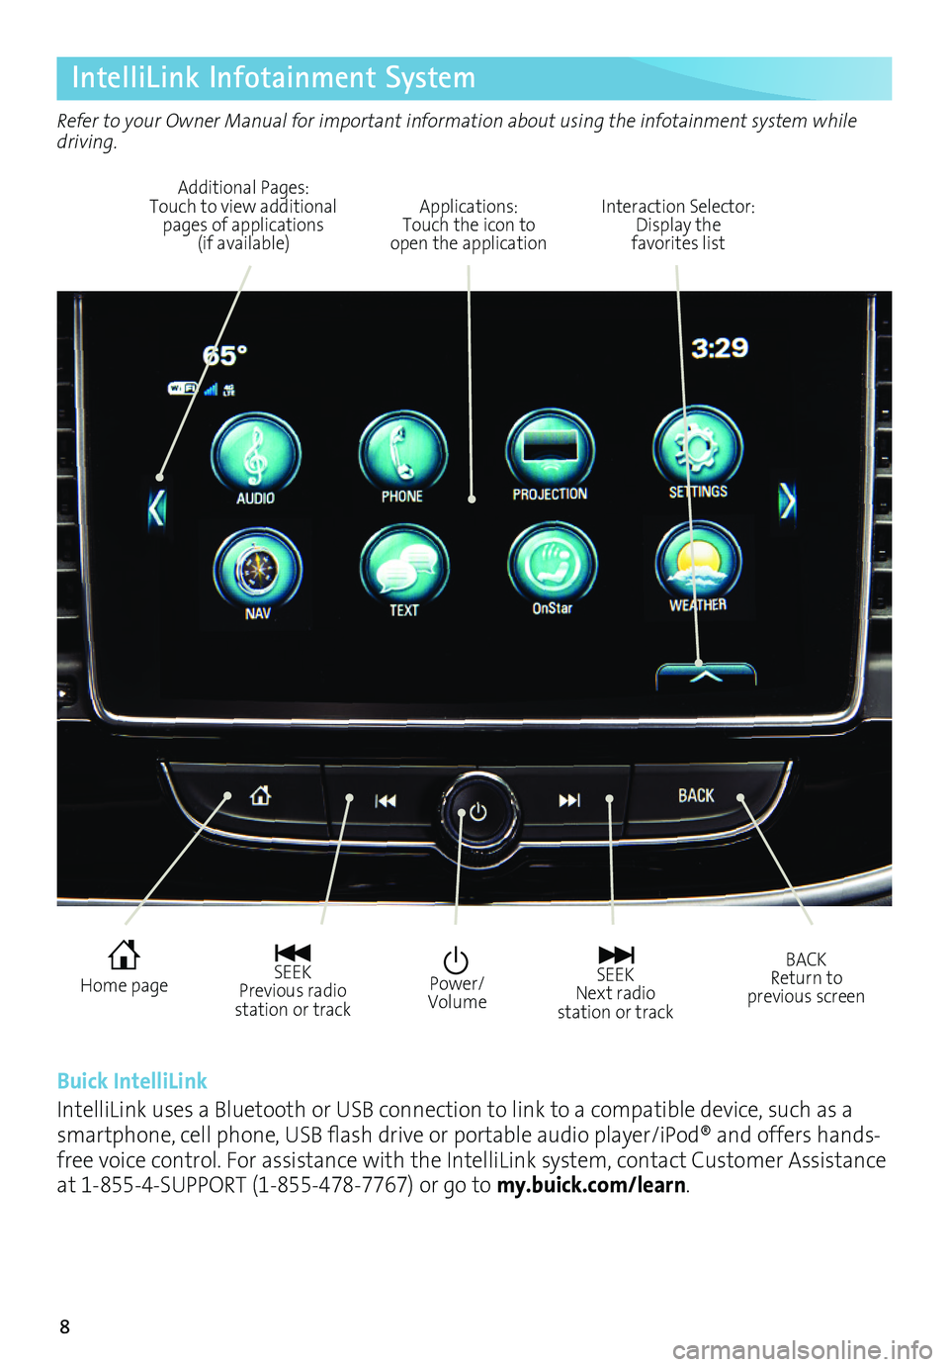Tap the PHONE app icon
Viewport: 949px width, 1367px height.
pos(402,451)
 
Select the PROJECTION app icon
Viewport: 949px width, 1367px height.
pos(550,449)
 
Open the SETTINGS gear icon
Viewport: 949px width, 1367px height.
pos(698,447)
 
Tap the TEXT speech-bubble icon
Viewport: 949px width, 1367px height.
pos(404,566)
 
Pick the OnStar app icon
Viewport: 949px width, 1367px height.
pos(552,564)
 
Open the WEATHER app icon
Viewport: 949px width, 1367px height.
pos(698,562)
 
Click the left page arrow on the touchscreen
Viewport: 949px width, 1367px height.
pos(156,508)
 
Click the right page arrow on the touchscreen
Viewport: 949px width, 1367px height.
pos(787,501)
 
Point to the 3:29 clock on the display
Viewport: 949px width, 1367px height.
pos(720,348)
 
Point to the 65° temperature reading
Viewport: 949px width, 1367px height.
pos(225,356)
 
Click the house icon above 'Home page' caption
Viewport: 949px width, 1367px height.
pos(124,955)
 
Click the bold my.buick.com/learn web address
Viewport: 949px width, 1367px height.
pos(591,1185)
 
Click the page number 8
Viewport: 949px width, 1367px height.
pos(65,1327)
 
